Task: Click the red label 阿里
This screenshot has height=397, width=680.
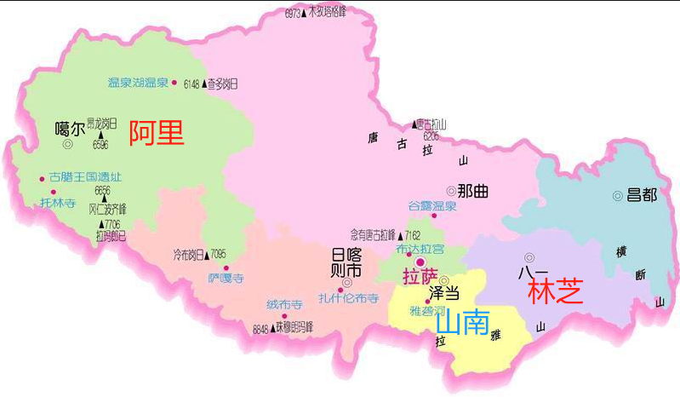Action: click(x=156, y=134)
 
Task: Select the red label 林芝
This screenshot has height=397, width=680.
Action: click(x=555, y=291)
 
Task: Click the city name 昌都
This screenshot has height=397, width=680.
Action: click(x=642, y=195)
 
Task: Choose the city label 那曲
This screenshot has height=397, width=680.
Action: click(x=473, y=191)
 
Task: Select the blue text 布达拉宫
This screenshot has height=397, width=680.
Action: click(x=420, y=249)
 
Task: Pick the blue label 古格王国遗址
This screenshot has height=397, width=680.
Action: click(x=85, y=178)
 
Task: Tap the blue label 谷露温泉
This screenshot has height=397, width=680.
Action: click(x=432, y=206)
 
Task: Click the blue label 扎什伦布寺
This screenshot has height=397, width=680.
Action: click(x=348, y=298)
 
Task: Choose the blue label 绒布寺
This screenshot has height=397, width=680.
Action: click(x=284, y=305)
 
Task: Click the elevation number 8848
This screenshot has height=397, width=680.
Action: click(x=260, y=328)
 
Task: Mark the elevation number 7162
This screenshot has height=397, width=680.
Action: click(x=413, y=234)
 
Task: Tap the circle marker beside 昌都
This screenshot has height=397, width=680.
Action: click(x=618, y=196)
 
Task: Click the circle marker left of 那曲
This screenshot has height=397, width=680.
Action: click(x=450, y=191)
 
